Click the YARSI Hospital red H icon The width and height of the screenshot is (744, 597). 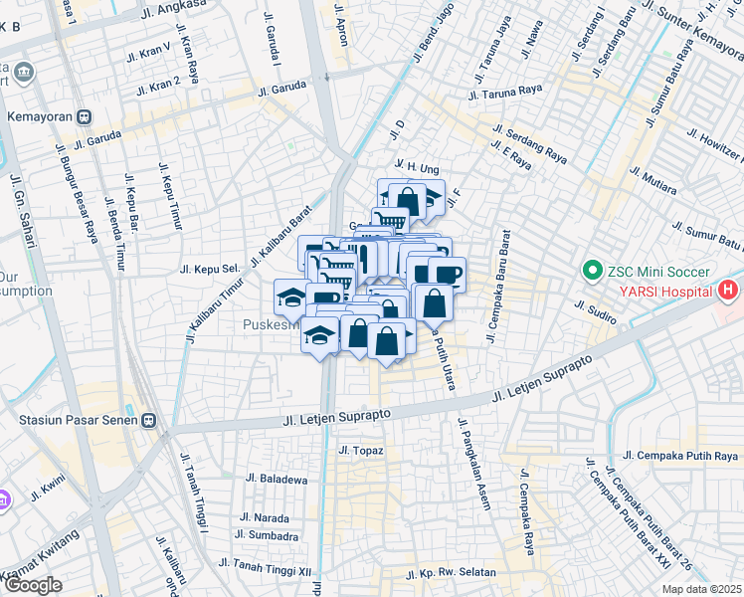728,292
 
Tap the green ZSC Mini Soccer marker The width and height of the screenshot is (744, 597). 591,270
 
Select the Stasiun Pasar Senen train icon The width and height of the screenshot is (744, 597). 151,421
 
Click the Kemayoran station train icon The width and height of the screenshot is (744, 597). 86,115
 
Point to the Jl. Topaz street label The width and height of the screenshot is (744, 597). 360,451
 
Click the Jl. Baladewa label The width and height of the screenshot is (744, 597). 272,479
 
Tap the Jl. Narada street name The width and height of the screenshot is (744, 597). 264,518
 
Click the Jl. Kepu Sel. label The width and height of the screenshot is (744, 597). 211,269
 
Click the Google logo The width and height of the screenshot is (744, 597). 33,585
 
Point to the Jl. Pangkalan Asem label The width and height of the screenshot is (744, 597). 474,464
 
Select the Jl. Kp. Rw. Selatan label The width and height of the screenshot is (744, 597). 459,573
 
